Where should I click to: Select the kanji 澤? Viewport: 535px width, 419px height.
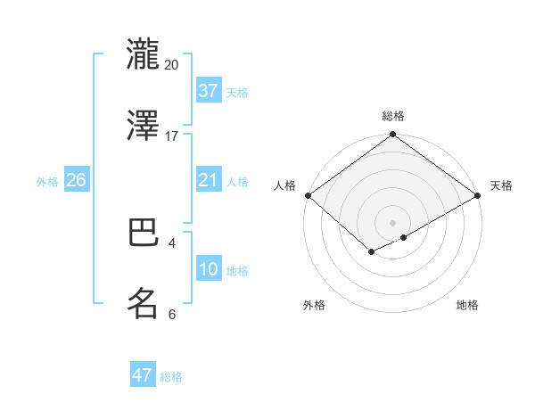coord(144,126)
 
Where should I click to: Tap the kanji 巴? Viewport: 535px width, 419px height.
coord(144,234)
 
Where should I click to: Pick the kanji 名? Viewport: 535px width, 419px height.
coord(144,303)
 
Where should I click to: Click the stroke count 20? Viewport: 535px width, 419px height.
coord(172,65)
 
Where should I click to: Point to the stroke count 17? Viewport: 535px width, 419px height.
coord(172,136)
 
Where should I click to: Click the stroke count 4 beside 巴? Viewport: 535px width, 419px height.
coord(172,242)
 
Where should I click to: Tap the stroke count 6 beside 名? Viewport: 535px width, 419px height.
coord(172,314)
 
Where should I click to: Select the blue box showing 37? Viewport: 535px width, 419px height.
coord(208,91)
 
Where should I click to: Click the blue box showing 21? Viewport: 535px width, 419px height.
coord(208,180)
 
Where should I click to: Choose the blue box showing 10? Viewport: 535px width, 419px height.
coord(208,269)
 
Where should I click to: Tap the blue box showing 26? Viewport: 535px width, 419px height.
coord(77,180)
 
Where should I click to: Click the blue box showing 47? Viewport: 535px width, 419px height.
coord(143,375)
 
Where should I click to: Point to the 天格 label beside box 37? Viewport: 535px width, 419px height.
coord(237,93)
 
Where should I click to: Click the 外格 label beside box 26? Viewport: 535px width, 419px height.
coord(47,182)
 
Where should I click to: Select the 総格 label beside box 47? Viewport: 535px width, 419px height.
coord(171,377)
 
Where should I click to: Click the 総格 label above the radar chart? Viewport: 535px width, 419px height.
coord(392,117)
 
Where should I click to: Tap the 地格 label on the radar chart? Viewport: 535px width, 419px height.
coord(467,306)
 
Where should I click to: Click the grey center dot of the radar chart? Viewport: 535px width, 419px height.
coord(392,221)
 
